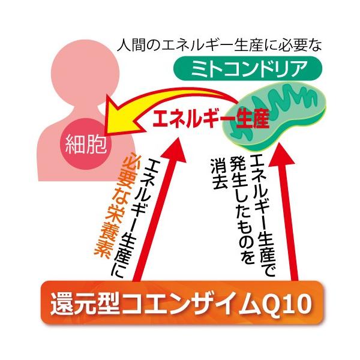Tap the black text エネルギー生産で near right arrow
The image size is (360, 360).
(x=259, y=210)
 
